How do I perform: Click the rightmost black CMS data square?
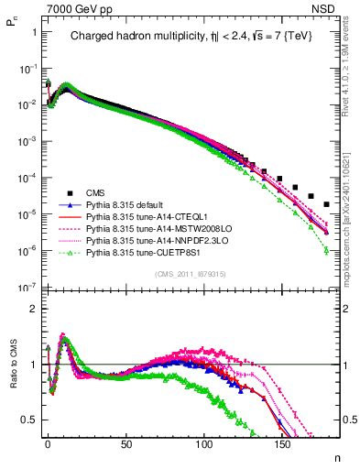(327, 204)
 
